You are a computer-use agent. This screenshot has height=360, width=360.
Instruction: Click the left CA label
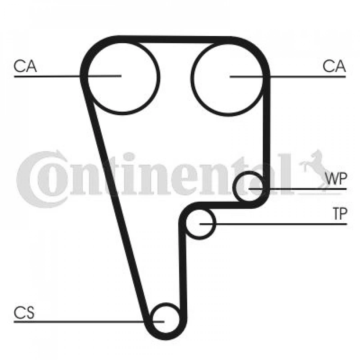pyautogui.click(x=25, y=66)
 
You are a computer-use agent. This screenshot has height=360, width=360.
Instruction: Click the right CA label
pyautogui.click(x=334, y=66)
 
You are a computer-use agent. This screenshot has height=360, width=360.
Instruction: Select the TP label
pyautogui.click(x=340, y=214)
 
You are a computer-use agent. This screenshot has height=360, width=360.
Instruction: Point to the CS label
pyautogui.click(x=24, y=313)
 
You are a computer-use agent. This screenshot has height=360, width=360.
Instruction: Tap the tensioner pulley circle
pyautogui.click(x=215, y=224)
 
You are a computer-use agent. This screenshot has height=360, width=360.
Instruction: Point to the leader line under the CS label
pyautogui.click(x=89, y=322)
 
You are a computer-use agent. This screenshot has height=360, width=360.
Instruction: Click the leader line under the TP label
pyautogui.click(x=273, y=224)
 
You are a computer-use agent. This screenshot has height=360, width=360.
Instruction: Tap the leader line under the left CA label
pyautogui.click(x=68, y=76)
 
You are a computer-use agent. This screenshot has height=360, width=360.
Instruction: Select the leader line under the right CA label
pyautogui.click(x=288, y=76)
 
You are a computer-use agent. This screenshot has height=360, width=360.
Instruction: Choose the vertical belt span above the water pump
pyautogui.click(x=266, y=128)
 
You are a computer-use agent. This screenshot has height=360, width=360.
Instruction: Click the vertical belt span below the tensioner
pyautogui.click(x=183, y=271)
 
